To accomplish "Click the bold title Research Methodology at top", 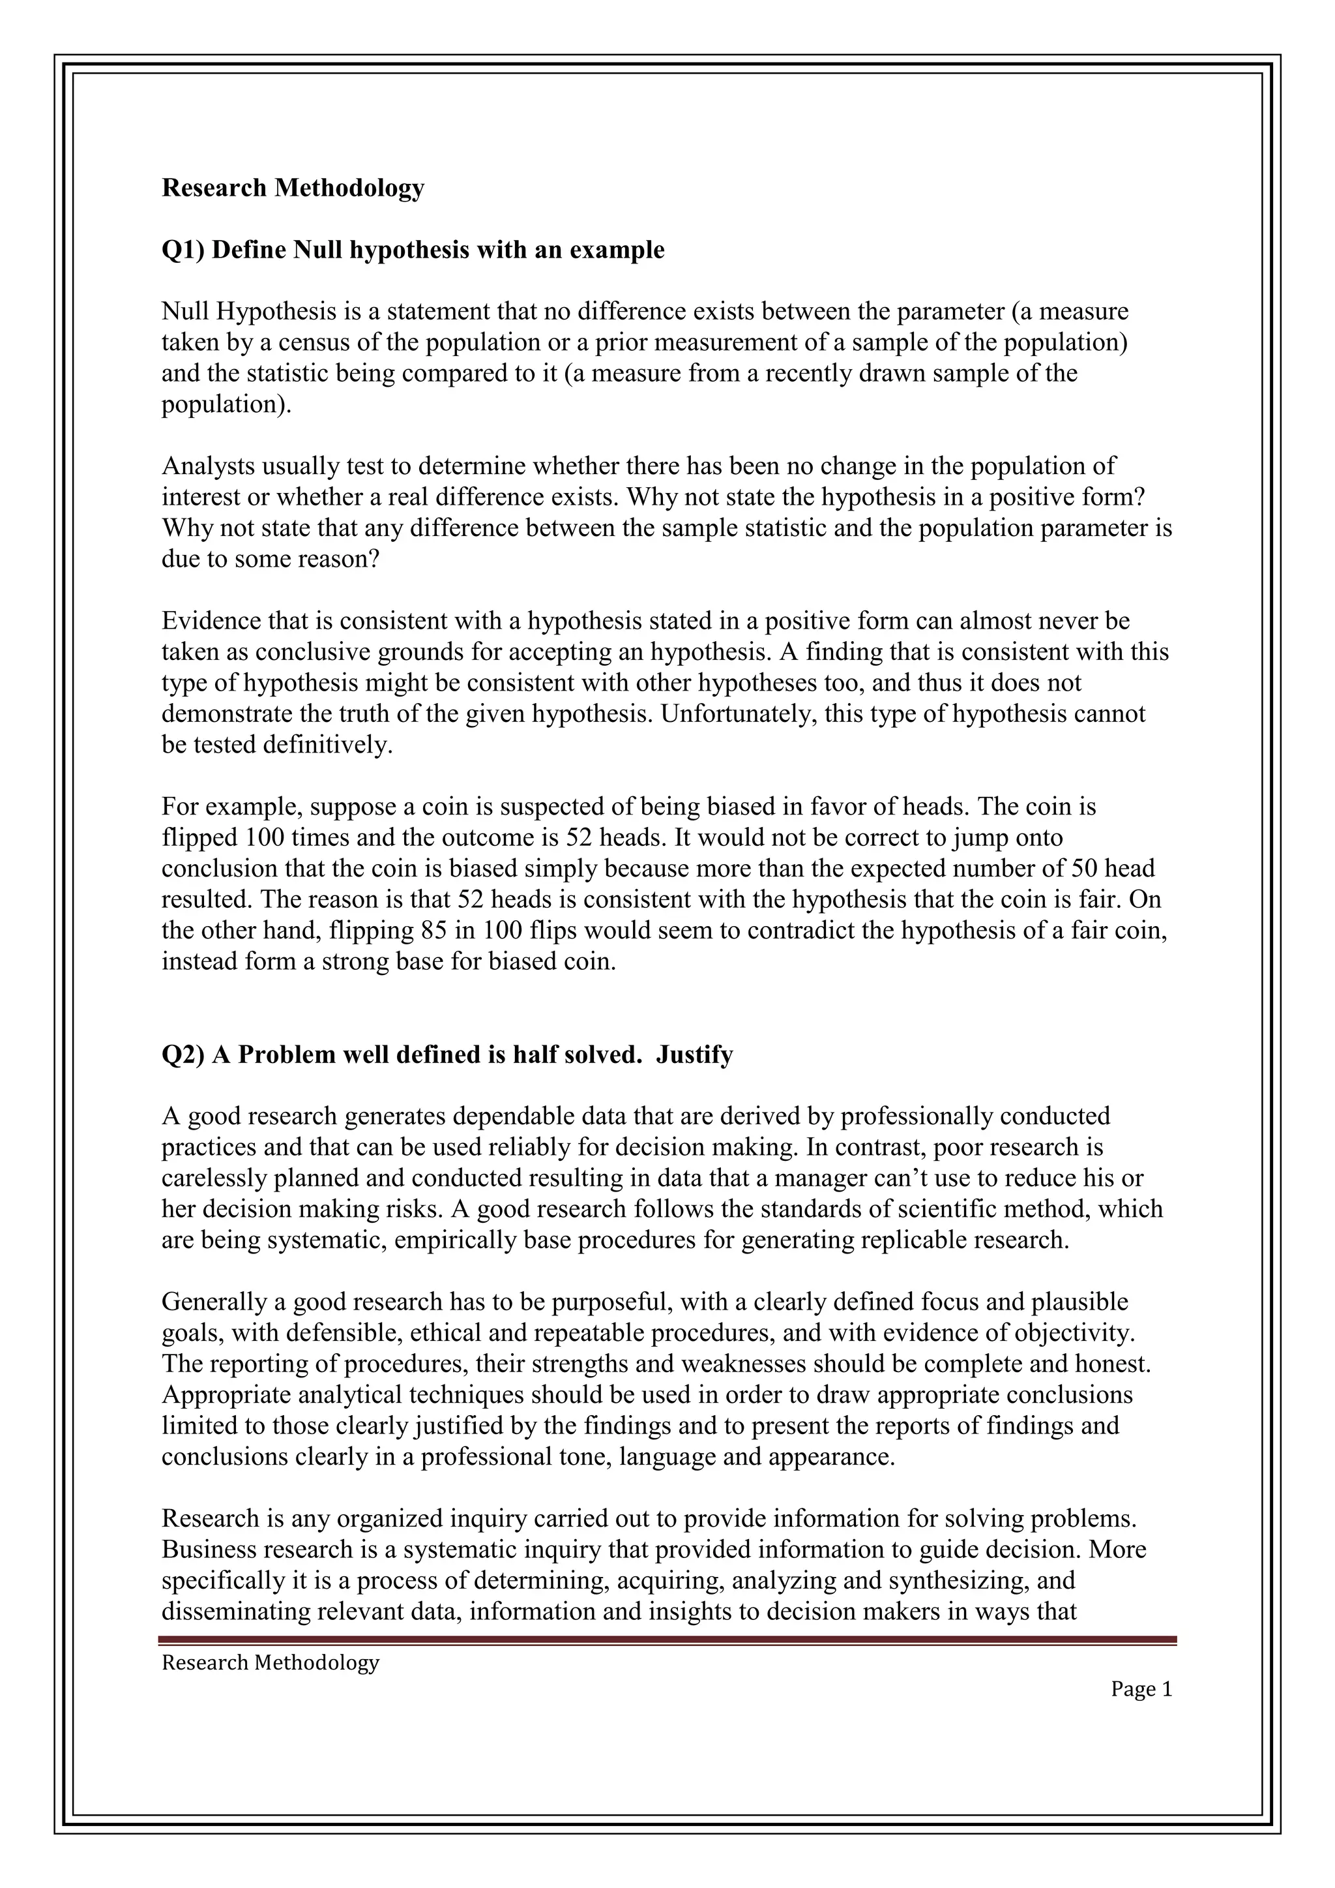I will click(x=293, y=188).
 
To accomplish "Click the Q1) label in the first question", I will click(x=183, y=250).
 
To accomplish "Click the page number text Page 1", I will click(x=1141, y=1689).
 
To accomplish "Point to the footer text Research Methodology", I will click(x=271, y=1663).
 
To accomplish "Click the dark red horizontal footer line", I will click(x=667, y=1640).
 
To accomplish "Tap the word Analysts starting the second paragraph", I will click(x=208, y=466).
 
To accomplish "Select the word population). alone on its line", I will click(x=226, y=404).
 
